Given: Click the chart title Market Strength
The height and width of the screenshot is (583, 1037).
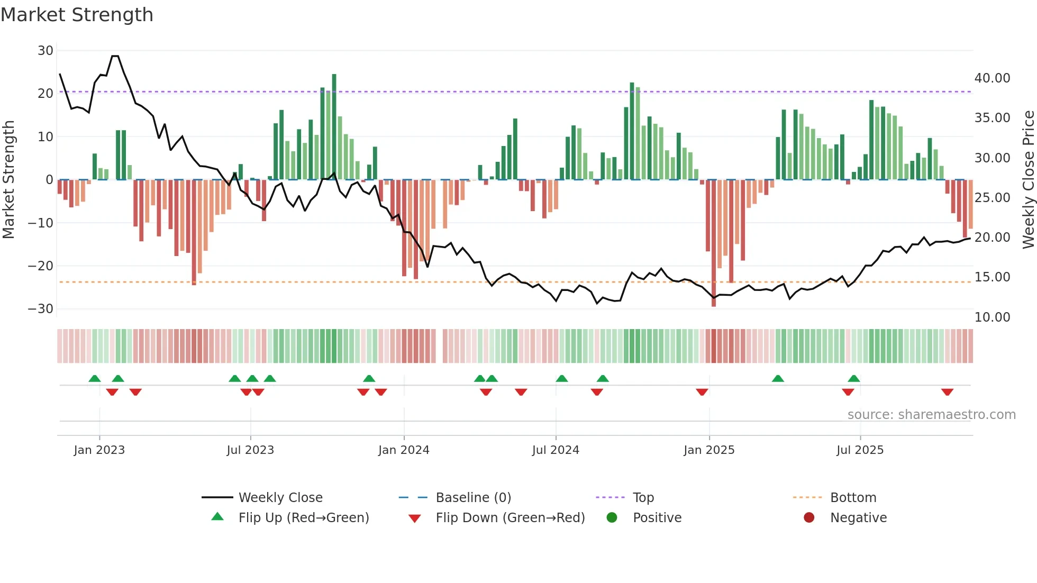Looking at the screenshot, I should coord(77,15).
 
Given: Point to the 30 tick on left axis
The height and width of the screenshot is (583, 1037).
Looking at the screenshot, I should coord(46,51).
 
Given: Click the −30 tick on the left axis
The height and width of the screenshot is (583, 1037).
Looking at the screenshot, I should coord(41,309).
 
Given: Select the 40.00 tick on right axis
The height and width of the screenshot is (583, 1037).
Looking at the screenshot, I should coord(992,78).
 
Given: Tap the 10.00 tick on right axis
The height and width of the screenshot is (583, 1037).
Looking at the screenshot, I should coord(992,317).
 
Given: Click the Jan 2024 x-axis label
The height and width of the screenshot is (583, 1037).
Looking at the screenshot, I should coord(404,450).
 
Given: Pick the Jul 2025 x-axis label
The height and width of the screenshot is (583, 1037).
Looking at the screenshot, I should coord(860,450).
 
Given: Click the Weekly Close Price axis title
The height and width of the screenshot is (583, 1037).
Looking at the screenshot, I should coord(1028,180).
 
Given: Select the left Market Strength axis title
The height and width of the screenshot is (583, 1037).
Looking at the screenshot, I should coord(9,180).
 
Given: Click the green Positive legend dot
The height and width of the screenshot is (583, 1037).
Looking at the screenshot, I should coord(612,518).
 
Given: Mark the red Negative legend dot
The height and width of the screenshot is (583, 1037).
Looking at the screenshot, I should coord(809,518).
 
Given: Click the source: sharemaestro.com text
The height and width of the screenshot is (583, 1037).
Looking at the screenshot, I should coord(931,415).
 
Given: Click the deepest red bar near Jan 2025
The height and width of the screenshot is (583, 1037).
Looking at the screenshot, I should coord(714,243).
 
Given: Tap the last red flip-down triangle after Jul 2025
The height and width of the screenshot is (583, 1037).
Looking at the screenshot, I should coord(947,392).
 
